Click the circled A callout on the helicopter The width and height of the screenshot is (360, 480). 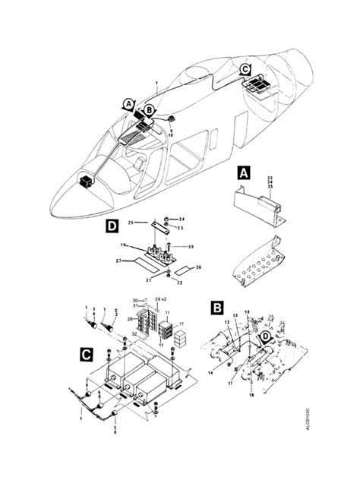(x=129, y=103)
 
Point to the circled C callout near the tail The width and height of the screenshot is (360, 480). (x=245, y=68)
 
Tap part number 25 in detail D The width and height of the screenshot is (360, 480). (x=130, y=223)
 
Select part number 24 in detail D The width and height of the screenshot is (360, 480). (x=181, y=219)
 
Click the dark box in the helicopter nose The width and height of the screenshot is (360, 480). (x=86, y=182)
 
